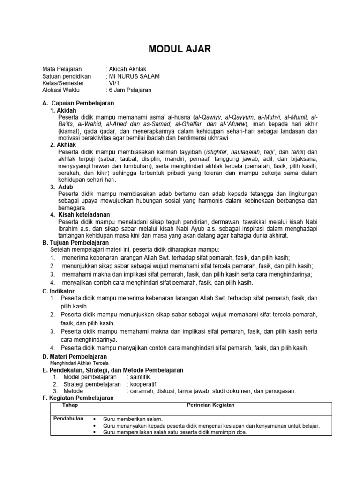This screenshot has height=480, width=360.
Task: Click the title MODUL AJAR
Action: click(x=180, y=49)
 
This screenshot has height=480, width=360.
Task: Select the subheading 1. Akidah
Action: click(x=63, y=110)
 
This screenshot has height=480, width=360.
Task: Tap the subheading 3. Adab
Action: click(x=61, y=187)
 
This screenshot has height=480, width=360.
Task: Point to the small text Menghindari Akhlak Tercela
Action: click(x=79, y=363)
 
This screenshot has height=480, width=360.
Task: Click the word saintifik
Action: click(x=140, y=377)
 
